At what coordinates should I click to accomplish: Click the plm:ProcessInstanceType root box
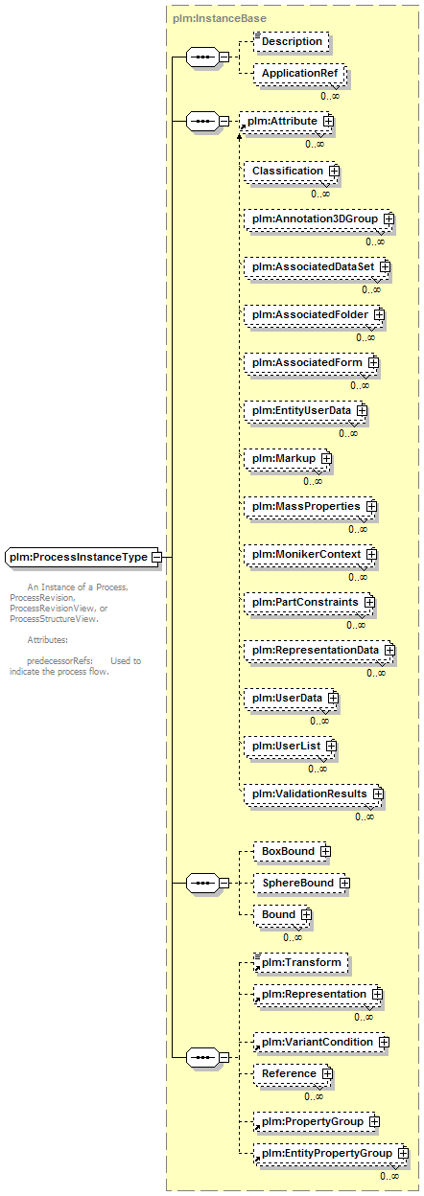click(x=82, y=557)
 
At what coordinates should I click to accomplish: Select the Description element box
click(x=292, y=41)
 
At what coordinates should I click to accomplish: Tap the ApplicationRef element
click(x=299, y=73)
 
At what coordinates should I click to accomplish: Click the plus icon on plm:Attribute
click(x=328, y=121)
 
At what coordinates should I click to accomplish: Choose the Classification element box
click(x=292, y=171)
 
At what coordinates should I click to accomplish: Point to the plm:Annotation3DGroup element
click(x=318, y=218)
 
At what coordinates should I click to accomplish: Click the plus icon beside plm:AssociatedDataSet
click(x=385, y=266)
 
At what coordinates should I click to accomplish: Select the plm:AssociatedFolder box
click(x=315, y=314)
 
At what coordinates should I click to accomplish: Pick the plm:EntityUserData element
click(x=306, y=410)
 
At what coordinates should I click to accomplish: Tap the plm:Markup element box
click(x=288, y=459)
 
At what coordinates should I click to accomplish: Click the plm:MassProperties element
click(x=311, y=506)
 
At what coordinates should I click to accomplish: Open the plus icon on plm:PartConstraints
click(x=369, y=602)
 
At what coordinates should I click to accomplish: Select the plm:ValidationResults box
click(x=314, y=793)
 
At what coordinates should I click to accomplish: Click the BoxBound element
click(x=292, y=851)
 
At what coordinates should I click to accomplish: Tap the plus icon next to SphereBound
click(x=345, y=884)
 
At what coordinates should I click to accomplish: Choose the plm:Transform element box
click(x=300, y=963)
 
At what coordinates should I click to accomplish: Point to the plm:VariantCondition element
click(x=321, y=1043)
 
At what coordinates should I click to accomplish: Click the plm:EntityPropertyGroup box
click(x=331, y=1153)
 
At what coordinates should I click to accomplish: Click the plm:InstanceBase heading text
click(x=220, y=19)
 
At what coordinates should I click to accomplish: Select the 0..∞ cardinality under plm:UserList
click(x=318, y=769)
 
